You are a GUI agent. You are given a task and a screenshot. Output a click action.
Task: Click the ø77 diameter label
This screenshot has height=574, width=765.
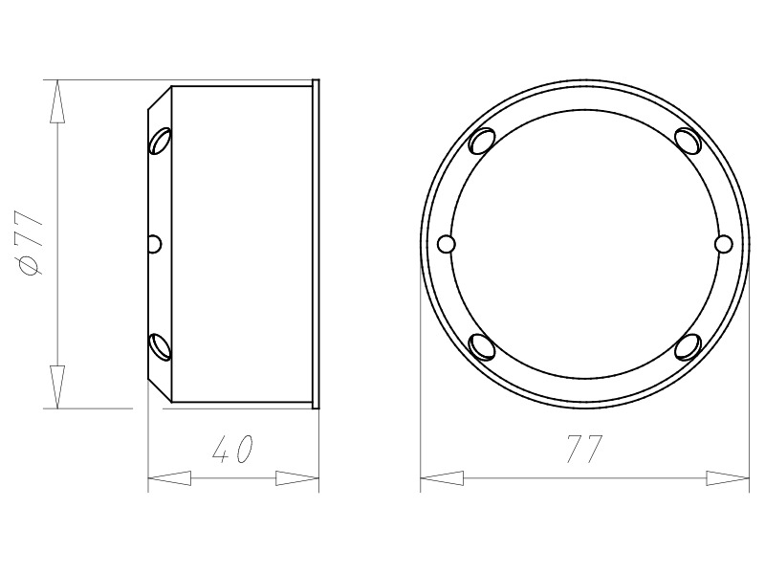point(31,243)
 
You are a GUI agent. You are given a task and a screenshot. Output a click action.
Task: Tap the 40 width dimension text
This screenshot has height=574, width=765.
point(233,449)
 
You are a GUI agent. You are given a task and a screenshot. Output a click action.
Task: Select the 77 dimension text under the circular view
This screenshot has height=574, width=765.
point(585,449)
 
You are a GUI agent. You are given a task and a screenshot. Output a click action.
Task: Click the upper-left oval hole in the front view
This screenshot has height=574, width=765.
point(482,141)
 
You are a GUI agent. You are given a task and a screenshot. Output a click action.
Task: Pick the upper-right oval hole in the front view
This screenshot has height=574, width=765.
point(688,141)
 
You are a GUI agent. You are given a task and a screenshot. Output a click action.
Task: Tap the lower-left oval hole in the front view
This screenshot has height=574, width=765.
point(482,346)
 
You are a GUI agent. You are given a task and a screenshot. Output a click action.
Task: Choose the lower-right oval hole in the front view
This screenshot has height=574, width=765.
point(688,346)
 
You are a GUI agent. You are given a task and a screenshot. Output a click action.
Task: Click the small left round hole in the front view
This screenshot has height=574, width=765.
point(446,244)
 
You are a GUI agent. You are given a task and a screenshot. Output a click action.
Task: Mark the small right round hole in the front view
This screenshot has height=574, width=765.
point(723,244)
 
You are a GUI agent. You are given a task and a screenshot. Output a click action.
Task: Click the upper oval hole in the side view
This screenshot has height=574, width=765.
point(161,141)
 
